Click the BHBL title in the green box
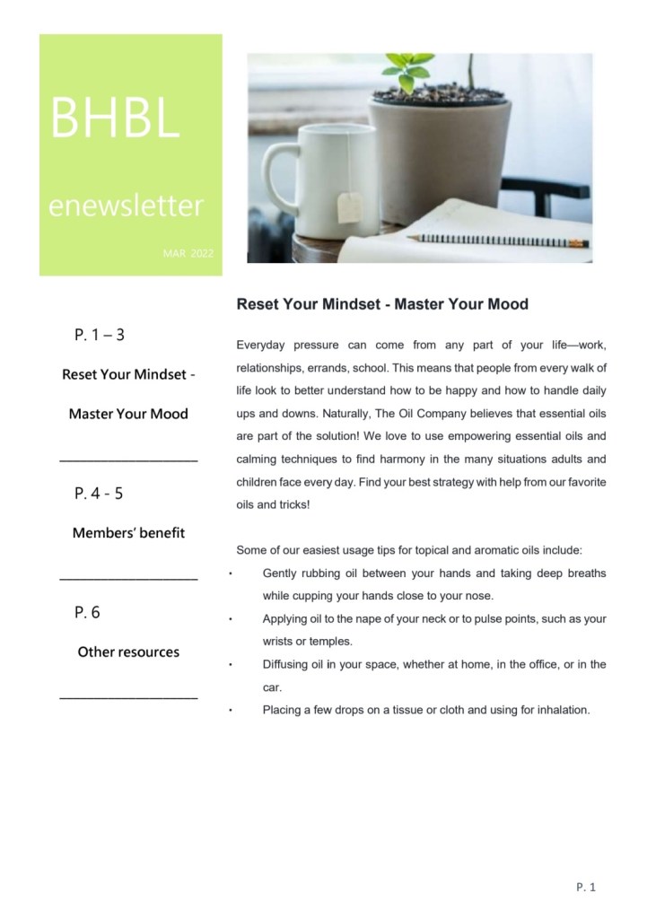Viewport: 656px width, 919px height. [x=116, y=118]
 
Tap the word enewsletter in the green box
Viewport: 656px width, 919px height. [x=126, y=207]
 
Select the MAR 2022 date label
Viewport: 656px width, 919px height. [x=188, y=255]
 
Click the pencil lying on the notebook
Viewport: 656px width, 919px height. [x=497, y=240]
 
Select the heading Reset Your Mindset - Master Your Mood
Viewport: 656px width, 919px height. [x=382, y=304]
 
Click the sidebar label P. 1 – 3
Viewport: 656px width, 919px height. [x=100, y=336]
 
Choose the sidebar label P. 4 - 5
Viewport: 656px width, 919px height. [x=100, y=493]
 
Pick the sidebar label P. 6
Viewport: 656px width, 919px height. [x=88, y=612]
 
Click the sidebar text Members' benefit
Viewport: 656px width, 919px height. [x=128, y=533]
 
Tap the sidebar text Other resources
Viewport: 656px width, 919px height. [x=128, y=652]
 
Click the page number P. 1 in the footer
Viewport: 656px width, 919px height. [x=586, y=888]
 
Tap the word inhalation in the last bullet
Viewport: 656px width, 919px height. [x=559, y=710]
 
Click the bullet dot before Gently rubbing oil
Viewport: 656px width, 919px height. [x=232, y=573]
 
